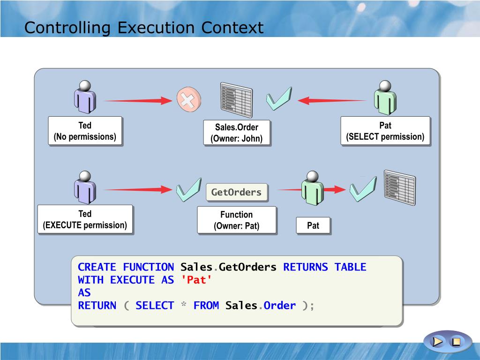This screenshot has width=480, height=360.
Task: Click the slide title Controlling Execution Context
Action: (x=144, y=28)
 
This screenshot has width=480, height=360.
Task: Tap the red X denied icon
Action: (x=188, y=100)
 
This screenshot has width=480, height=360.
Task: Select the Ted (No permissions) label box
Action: (x=85, y=131)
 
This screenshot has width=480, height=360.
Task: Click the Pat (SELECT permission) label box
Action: (x=385, y=131)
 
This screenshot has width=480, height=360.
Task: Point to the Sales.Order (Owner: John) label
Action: (x=236, y=133)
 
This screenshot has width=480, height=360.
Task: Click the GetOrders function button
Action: (x=236, y=192)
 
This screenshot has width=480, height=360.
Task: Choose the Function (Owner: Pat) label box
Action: (x=236, y=220)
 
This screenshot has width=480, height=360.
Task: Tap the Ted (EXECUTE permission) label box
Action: (x=85, y=220)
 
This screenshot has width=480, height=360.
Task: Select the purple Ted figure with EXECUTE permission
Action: (x=85, y=187)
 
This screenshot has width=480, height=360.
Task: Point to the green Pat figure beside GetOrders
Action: (x=312, y=187)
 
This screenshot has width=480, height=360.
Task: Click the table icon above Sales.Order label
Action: (x=236, y=99)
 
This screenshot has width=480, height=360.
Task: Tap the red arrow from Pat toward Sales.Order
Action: (x=332, y=100)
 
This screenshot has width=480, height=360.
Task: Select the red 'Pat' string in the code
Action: (x=196, y=280)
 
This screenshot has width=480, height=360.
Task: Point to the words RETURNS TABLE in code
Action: (x=324, y=267)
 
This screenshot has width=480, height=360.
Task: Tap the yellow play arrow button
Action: (x=438, y=342)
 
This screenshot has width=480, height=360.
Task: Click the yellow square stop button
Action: (x=455, y=342)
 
